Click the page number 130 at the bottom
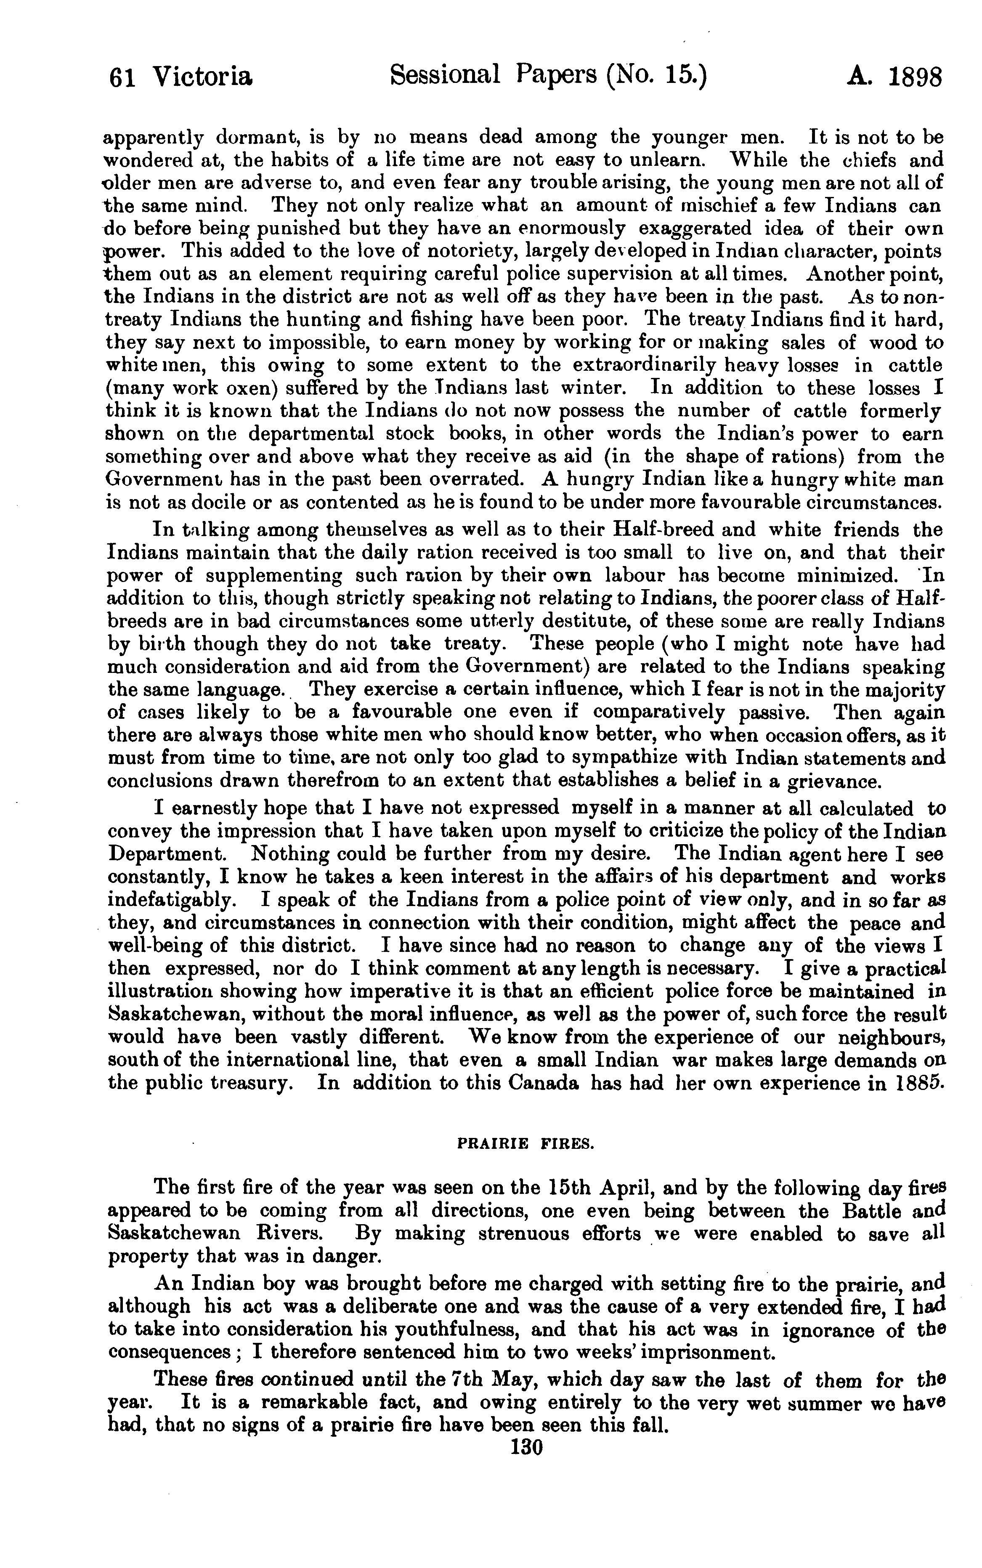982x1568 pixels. pos(527,1448)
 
